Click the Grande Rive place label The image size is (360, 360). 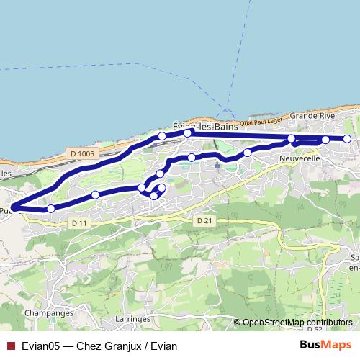click(x=312, y=115)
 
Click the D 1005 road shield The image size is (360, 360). click(x=84, y=153)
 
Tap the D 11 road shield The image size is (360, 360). click(x=80, y=224)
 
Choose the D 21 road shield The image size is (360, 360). click(x=204, y=221)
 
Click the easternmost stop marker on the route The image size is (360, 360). click(x=347, y=139)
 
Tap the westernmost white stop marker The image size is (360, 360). click(x=50, y=208)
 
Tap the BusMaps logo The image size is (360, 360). click(x=325, y=345)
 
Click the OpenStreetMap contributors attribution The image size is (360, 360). click(x=297, y=322)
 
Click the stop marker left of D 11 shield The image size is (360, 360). click(x=50, y=208)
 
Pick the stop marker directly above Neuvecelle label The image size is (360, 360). click(x=291, y=139)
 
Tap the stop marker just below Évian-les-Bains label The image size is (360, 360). click(x=187, y=133)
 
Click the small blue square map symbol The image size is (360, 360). click(x=217, y=165)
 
